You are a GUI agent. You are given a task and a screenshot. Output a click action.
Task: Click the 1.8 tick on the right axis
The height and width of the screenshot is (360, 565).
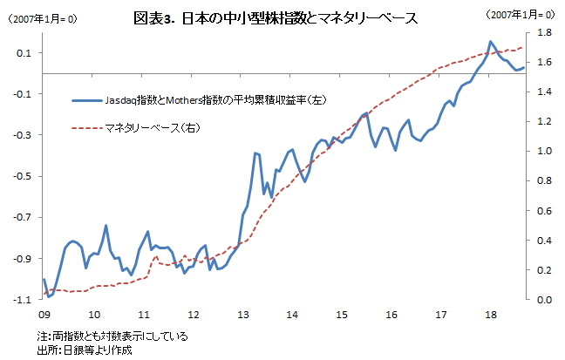pos(543,32)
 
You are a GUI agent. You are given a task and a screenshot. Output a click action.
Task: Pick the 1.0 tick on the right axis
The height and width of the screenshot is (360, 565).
pos(543,152)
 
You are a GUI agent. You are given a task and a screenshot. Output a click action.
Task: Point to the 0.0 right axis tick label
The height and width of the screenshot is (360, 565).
pos(543,300)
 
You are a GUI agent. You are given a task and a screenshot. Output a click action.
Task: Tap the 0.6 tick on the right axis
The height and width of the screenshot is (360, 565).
pos(543,211)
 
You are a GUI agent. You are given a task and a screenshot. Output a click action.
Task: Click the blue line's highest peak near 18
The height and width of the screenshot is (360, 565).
pos(491,42)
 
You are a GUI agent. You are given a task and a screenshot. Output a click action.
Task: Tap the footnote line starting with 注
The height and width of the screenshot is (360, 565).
pos(112,336)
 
